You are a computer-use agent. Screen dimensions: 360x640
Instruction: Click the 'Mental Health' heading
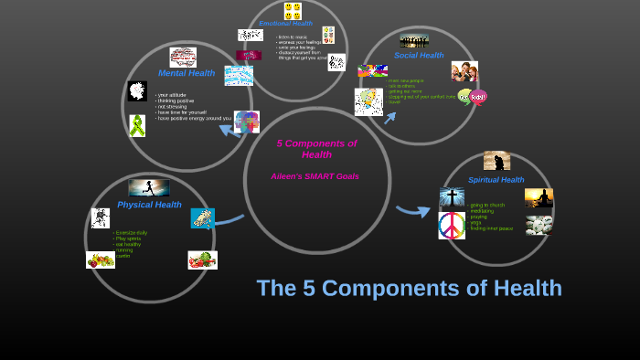[x=187, y=73]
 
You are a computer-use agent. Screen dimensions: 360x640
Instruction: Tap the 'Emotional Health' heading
[x=285, y=24]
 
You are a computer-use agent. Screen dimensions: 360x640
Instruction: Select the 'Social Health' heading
[x=419, y=56]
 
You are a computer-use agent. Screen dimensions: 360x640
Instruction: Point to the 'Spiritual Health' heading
[x=496, y=180]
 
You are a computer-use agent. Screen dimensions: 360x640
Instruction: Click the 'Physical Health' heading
[x=149, y=205]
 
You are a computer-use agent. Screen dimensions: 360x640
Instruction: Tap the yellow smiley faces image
[x=293, y=11]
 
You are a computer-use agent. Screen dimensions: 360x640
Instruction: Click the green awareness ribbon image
[x=137, y=125]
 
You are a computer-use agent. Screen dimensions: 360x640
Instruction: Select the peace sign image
[x=452, y=225]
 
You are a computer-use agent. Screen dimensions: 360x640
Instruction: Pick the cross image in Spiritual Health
[x=452, y=197]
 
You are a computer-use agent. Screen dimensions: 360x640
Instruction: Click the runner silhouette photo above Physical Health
[x=148, y=187]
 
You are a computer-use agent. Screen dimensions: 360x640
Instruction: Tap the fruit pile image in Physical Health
[x=101, y=259]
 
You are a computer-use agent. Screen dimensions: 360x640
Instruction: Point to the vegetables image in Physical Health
[x=202, y=259]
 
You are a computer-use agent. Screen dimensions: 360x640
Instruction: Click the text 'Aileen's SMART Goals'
[x=315, y=176]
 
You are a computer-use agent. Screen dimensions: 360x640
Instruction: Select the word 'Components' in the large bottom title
[x=406, y=289]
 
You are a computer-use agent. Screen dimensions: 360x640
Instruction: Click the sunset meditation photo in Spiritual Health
[x=539, y=197]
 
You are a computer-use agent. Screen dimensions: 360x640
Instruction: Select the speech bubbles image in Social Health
[x=473, y=97]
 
